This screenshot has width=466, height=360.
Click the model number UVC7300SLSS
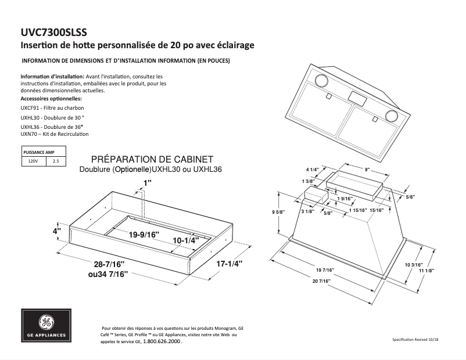(55, 33)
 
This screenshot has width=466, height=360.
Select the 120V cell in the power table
(34, 161)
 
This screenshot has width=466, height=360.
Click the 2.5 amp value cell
(56, 161)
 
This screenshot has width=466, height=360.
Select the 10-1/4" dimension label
(185, 240)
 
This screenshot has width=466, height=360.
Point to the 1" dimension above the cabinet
(147, 183)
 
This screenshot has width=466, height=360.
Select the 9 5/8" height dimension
(278, 213)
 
